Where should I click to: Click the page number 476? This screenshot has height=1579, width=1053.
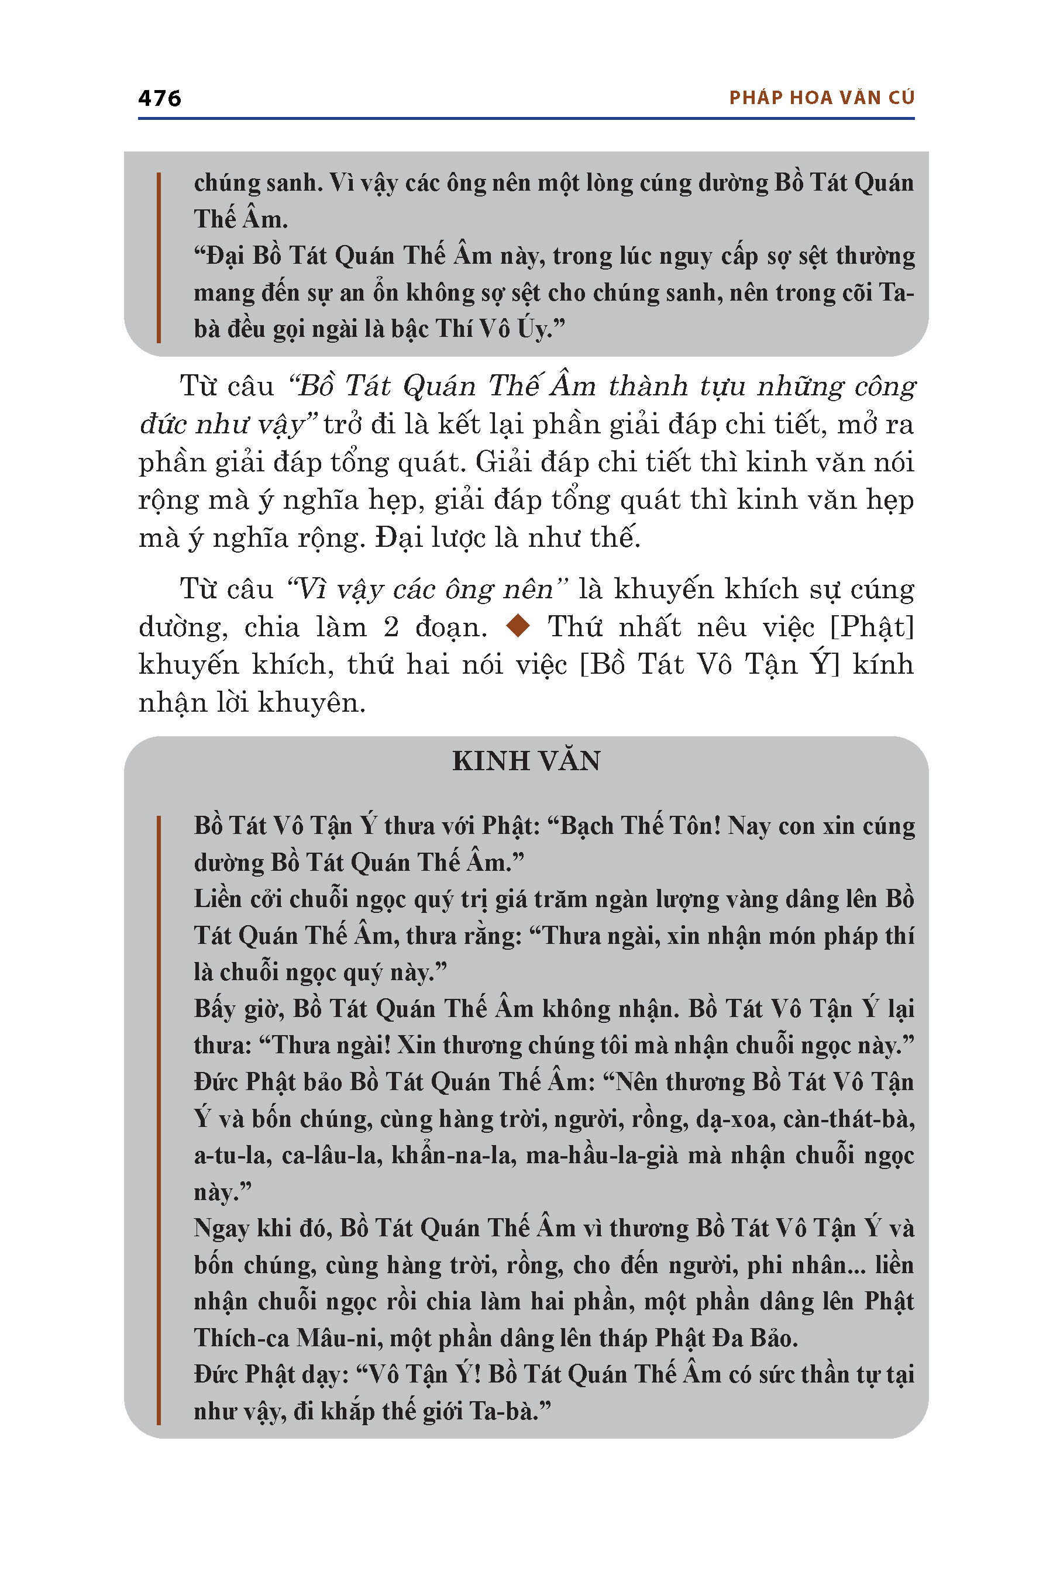tap(159, 98)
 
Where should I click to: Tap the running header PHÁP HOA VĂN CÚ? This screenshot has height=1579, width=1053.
tap(821, 98)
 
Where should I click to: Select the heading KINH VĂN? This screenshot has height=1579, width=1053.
tap(526, 761)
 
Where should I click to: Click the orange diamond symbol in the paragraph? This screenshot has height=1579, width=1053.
tap(518, 626)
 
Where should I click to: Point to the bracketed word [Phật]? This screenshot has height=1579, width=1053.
tap(872, 628)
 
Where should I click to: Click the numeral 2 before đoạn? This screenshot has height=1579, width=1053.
tap(391, 628)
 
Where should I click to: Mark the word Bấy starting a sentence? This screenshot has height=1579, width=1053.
tap(214, 1009)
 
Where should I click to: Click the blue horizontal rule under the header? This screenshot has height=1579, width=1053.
tap(526, 119)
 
